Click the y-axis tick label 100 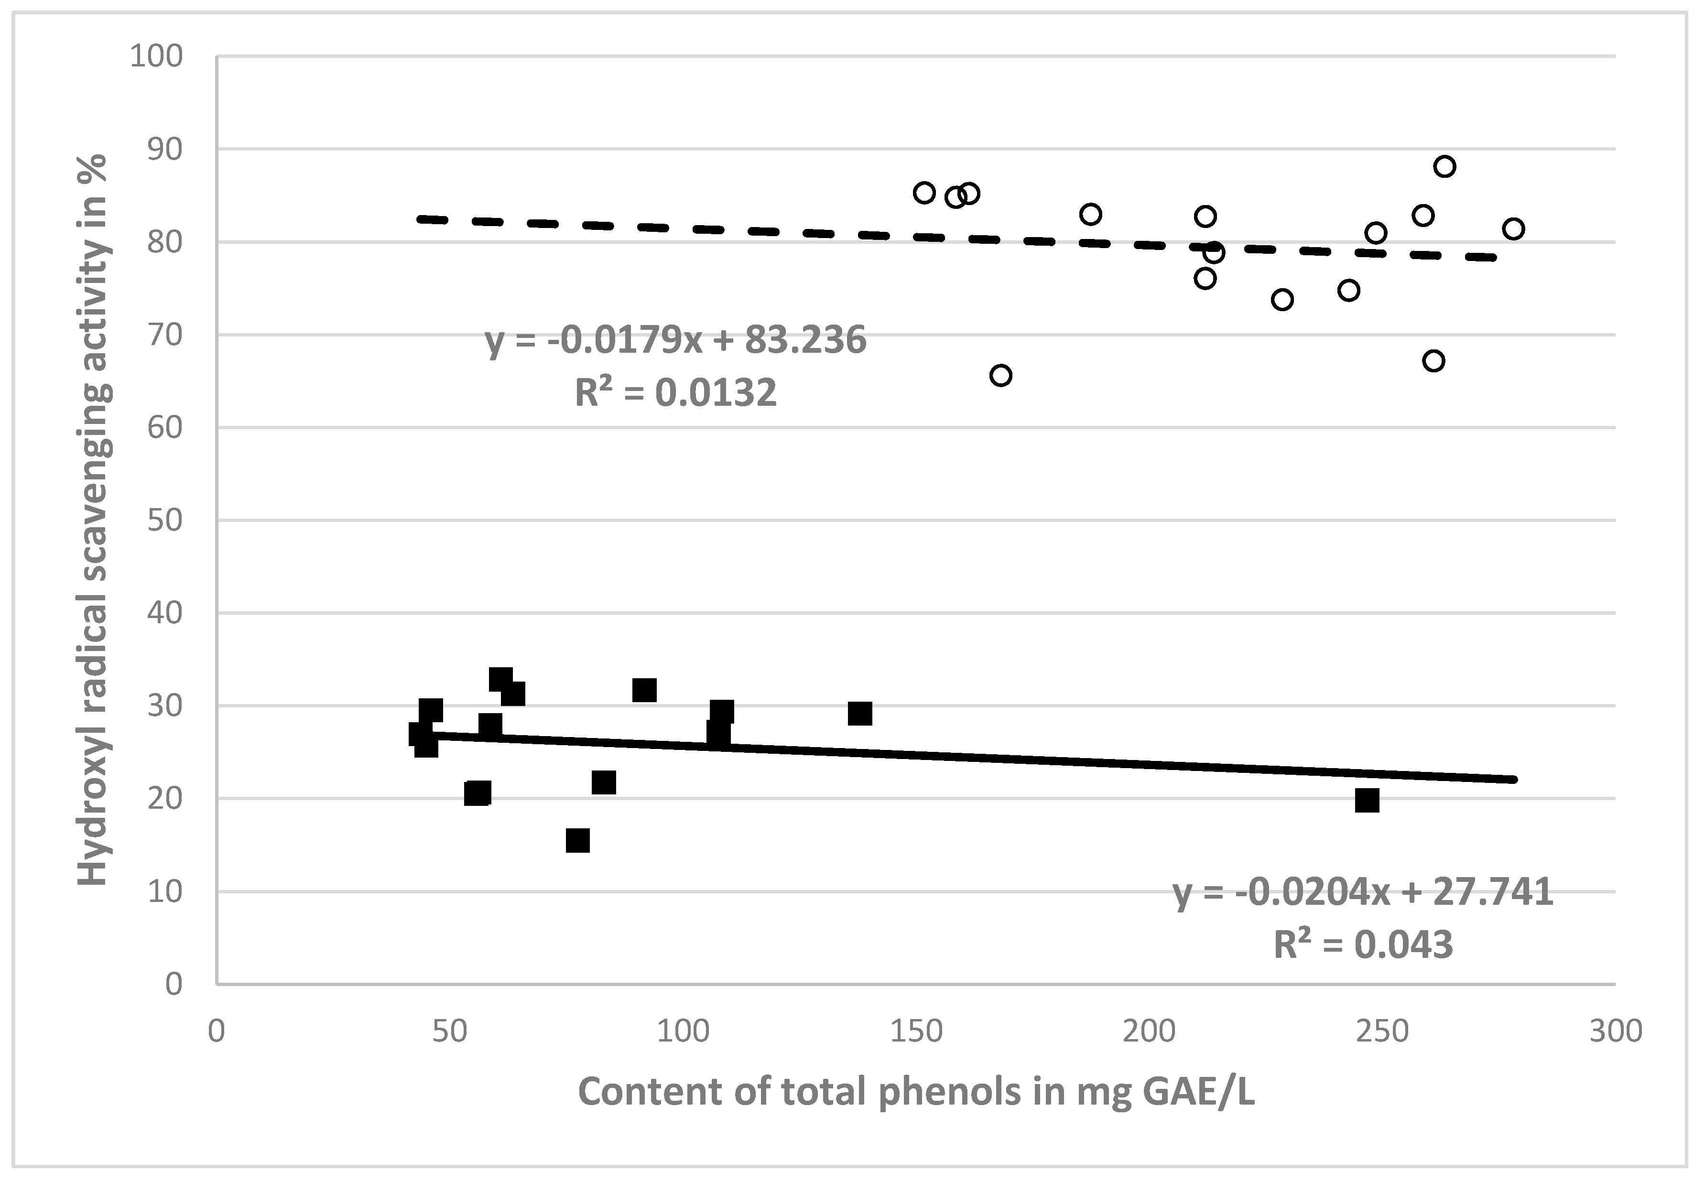(156, 56)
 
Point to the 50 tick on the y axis (164, 521)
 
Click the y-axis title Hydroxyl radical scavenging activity (94, 519)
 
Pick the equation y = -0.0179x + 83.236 (675, 340)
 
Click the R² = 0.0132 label (675, 392)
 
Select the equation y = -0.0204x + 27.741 (1362, 892)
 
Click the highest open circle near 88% (1444, 166)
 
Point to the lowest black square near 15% (577, 841)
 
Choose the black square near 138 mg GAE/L (859, 714)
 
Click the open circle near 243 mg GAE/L (1348, 290)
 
